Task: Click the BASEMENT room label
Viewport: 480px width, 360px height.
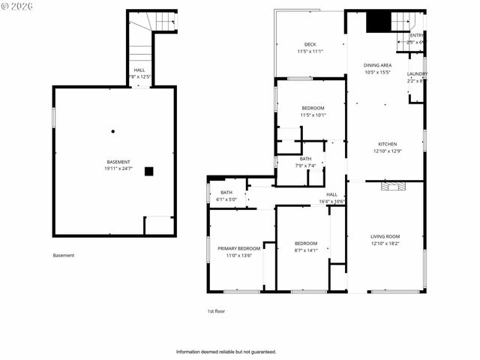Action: tap(118, 163)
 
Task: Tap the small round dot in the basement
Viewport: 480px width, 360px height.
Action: tap(113, 131)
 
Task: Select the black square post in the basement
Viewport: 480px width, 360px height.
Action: tap(148, 171)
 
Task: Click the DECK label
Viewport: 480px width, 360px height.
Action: tap(310, 44)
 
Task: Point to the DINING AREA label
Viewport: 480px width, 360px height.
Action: tap(377, 65)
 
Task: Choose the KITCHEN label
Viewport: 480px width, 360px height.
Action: tap(387, 144)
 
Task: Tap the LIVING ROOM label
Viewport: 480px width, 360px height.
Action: tap(385, 237)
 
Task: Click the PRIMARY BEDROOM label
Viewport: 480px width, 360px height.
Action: tap(238, 248)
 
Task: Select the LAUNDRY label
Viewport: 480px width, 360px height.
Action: tap(417, 73)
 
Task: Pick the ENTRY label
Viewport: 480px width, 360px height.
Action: tap(416, 35)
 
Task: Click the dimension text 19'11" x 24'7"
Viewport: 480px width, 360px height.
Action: tap(118, 169)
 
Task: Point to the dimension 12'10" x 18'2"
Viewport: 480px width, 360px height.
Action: tap(385, 244)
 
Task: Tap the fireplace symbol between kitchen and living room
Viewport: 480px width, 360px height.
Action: tap(391, 186)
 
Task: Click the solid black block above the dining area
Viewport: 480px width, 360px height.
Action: tap(379, 22)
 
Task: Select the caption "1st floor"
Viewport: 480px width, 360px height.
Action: tap(216, 310)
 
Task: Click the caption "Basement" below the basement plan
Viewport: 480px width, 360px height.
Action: tap(64, 255)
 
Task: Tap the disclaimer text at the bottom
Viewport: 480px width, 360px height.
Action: tap(226, 351)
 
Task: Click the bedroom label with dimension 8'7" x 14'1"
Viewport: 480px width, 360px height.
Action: tap(305, 244)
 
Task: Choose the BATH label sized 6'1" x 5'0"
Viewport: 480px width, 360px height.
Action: tap(226, 193)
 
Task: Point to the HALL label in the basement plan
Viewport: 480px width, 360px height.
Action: tap(139, 70)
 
